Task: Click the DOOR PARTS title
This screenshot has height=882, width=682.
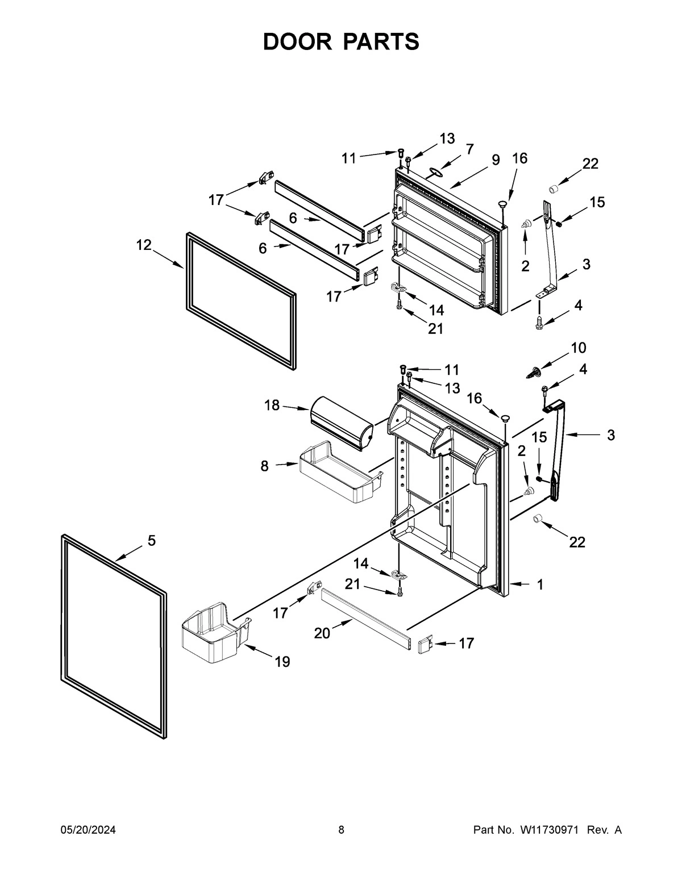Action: (341, 42)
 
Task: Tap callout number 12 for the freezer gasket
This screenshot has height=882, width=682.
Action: (144, 245)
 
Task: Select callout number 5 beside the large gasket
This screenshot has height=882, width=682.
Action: (151, 541)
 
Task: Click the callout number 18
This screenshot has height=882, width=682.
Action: (272, 405)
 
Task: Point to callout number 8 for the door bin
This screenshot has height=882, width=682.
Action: (264, 466)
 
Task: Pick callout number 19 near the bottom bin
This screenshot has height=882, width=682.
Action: (282, 661)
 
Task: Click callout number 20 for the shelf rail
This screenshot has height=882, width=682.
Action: (322, 633)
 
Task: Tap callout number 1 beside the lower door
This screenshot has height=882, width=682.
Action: (540, 584)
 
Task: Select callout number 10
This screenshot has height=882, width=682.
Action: (578, 348)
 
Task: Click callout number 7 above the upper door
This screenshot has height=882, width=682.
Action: (469, 149)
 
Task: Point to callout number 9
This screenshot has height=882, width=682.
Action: (496, 160)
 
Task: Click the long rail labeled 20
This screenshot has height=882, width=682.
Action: (367, 620)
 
